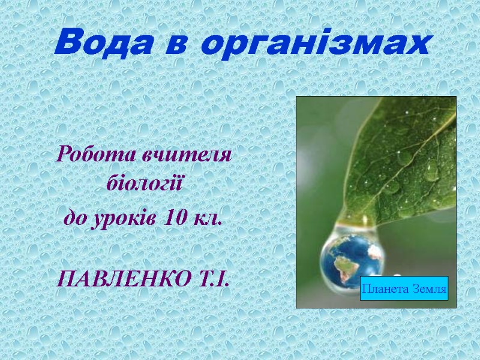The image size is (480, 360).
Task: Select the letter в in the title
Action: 182,44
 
